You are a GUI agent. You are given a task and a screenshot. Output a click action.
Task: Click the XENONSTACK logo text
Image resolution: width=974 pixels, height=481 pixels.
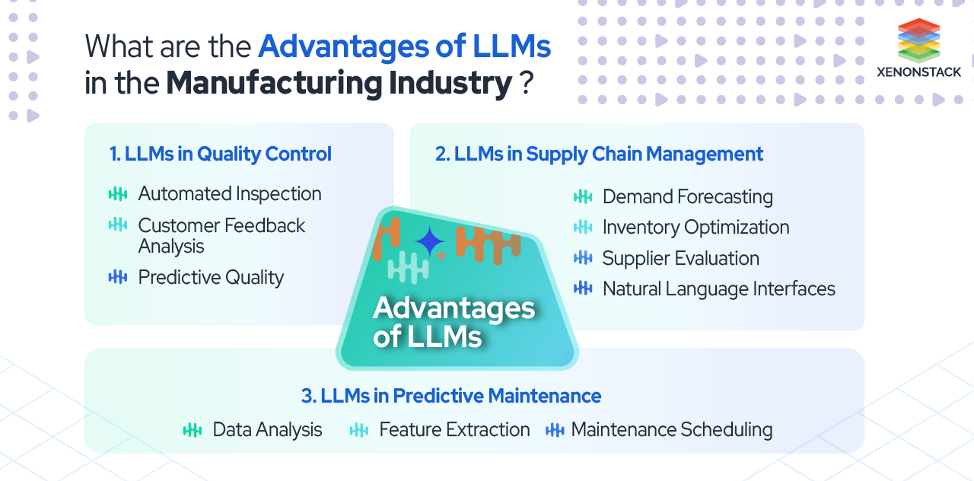(918, 72)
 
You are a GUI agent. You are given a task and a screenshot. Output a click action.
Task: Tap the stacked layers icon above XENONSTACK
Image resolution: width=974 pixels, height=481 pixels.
(918, 39)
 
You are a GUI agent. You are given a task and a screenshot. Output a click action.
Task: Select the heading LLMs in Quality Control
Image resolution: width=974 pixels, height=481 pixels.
(221, 154)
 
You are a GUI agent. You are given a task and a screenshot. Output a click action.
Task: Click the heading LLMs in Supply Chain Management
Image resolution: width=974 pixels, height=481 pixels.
(599, 154)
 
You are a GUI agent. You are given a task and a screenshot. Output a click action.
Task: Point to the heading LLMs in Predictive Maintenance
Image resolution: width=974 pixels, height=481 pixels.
(451, 396)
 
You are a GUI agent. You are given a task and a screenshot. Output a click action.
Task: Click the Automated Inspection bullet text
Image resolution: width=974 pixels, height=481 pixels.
(230, 194)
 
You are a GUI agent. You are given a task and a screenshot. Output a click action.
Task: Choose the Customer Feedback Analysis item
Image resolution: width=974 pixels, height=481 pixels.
(221, 235)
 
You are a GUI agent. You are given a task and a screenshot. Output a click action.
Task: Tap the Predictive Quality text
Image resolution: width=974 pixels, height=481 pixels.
(211, 278)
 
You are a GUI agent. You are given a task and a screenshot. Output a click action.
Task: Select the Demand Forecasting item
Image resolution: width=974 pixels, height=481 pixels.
(687, 197)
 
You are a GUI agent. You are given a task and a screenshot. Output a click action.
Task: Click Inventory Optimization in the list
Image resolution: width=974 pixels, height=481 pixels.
(695, 228)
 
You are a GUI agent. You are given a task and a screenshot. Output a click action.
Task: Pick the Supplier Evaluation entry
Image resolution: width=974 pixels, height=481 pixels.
(680, 258)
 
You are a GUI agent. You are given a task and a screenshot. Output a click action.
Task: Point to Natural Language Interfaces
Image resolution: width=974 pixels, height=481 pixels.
(718, 289)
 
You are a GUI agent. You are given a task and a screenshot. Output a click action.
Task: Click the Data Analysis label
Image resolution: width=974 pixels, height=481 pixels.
(267, 430)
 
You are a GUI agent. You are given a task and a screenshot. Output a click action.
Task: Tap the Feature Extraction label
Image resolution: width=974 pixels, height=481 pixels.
(454, 430)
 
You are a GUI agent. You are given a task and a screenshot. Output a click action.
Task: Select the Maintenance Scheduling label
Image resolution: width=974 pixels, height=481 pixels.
(671, 430)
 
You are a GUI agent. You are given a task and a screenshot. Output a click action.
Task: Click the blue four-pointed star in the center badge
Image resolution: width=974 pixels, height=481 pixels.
(430, 242)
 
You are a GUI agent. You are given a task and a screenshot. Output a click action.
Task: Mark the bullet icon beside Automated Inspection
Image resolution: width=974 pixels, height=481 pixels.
(118, 194)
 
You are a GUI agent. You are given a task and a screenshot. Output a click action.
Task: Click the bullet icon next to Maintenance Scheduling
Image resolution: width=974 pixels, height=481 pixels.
(555, 430)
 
